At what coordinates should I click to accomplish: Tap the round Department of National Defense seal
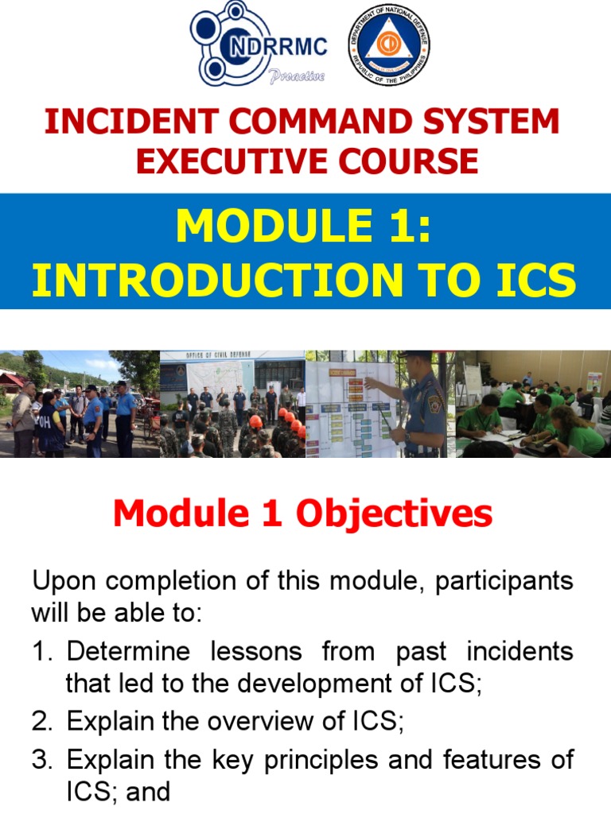(x=389, y=45)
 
